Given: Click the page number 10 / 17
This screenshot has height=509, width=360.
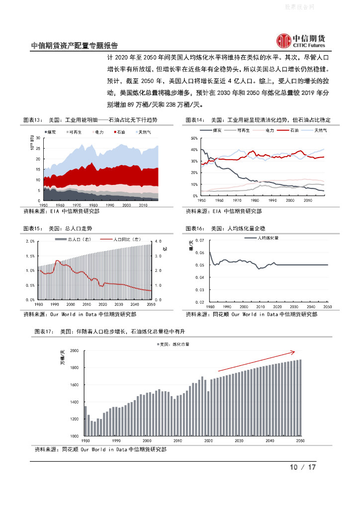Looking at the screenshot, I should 303,467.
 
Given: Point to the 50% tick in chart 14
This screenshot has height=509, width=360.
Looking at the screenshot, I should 194,138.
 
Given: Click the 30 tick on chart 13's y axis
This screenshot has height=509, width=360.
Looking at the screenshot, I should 39,138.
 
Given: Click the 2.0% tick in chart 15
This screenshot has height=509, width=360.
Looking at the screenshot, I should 29,241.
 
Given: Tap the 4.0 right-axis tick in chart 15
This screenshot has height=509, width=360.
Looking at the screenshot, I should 158,241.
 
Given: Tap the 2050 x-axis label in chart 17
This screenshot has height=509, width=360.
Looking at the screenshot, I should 300,441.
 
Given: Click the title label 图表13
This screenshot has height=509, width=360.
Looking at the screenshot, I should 32,120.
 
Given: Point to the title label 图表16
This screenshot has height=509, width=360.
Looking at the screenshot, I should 195,228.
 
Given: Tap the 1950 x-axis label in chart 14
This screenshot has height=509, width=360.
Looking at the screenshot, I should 201,200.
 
